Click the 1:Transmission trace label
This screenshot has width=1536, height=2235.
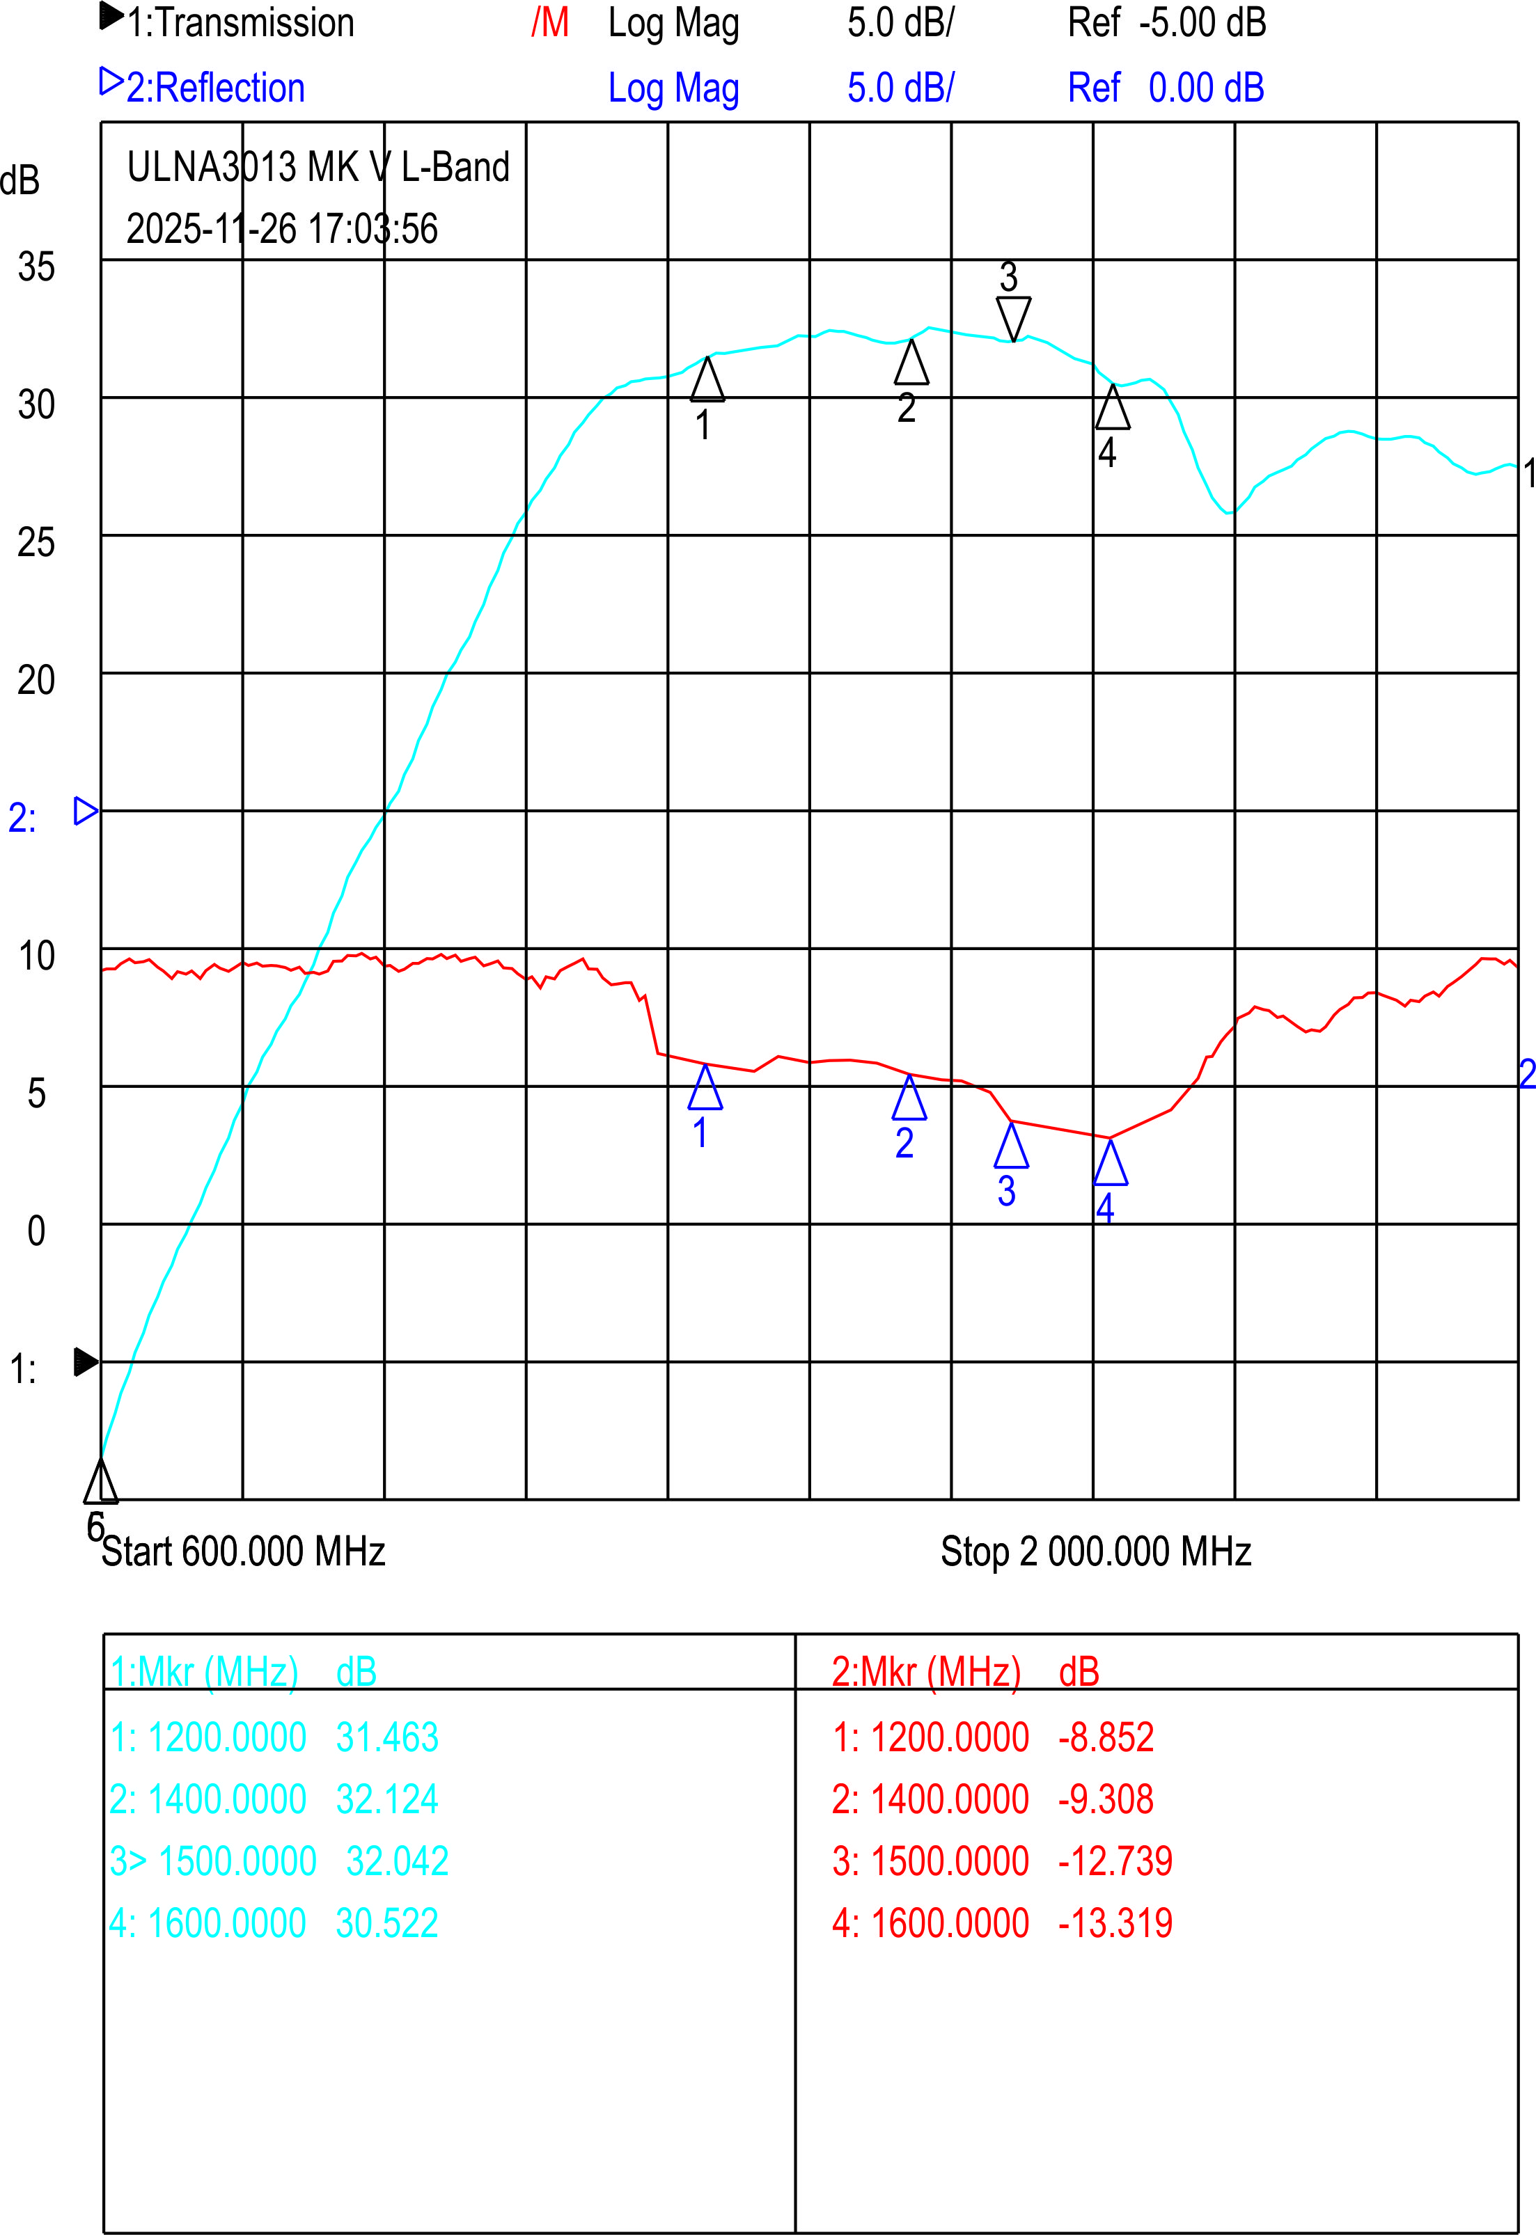click(x=241, y=23)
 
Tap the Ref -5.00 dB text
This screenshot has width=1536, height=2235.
click(x=1166, y=23)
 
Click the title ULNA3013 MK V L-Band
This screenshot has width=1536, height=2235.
click(x=318, y=168)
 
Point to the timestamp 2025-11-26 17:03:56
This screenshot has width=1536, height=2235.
click(x=282, y=229)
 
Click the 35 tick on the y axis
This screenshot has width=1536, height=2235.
click(x=37, y=267)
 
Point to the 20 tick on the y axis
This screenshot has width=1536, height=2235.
click(x=37, y=680)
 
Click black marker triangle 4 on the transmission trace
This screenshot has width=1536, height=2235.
click(x=1113, y=408)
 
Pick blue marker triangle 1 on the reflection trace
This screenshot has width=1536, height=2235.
click(x=705, y=1088)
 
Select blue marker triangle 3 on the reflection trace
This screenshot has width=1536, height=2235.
click(x=1012, y=1146)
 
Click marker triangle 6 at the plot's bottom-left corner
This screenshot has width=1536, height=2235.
click(x=101, y=1482)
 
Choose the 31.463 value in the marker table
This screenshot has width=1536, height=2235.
click(x=387, y=1737)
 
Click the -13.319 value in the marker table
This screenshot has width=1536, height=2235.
click(x=1115, y=1923)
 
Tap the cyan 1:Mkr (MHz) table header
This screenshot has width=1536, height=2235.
click(x=204, y=1672)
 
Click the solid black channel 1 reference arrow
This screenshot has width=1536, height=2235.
click(x=86, y=1362)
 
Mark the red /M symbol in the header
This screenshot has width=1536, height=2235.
click(x=549, y=23)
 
